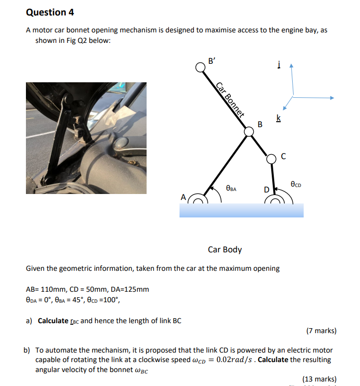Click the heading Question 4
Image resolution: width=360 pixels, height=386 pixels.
coord(46,12)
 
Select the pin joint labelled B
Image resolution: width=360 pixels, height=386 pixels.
coord(249,132)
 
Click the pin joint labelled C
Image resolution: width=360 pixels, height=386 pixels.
coord(271,158)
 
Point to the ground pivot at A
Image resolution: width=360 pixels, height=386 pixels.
coord(198,200)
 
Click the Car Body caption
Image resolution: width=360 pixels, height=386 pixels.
coord(225,249)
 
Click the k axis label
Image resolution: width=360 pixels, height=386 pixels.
coord(278,118)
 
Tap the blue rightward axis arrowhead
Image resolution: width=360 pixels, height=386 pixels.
coord(331,98)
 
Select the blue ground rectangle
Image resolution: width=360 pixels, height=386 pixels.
coord(241,210)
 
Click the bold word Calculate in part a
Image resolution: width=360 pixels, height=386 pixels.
coord(53,321)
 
